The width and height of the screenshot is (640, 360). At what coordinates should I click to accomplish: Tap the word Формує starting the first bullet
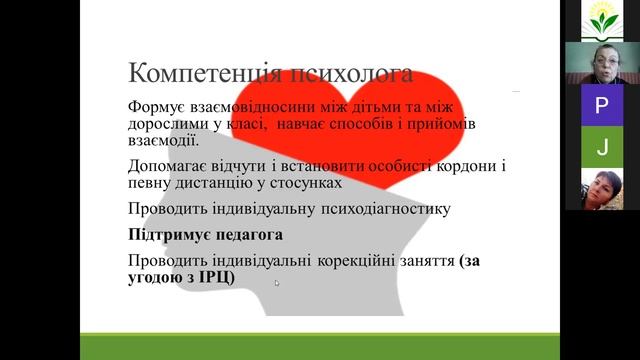(157, 106)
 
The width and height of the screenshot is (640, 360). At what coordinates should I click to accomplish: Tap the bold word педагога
(251, 235)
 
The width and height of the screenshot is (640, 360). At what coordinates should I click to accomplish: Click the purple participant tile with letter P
(601, 105)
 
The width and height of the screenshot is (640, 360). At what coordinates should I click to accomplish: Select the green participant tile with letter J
(601, 147)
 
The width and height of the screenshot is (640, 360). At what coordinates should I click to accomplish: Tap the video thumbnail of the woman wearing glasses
(601, 62)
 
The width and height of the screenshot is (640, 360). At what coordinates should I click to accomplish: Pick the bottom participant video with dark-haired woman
(601, 189)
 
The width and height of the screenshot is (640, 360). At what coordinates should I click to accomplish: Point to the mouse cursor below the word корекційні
(277, 283)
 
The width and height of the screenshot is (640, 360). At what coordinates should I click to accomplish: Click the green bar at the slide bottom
(320, 346)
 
